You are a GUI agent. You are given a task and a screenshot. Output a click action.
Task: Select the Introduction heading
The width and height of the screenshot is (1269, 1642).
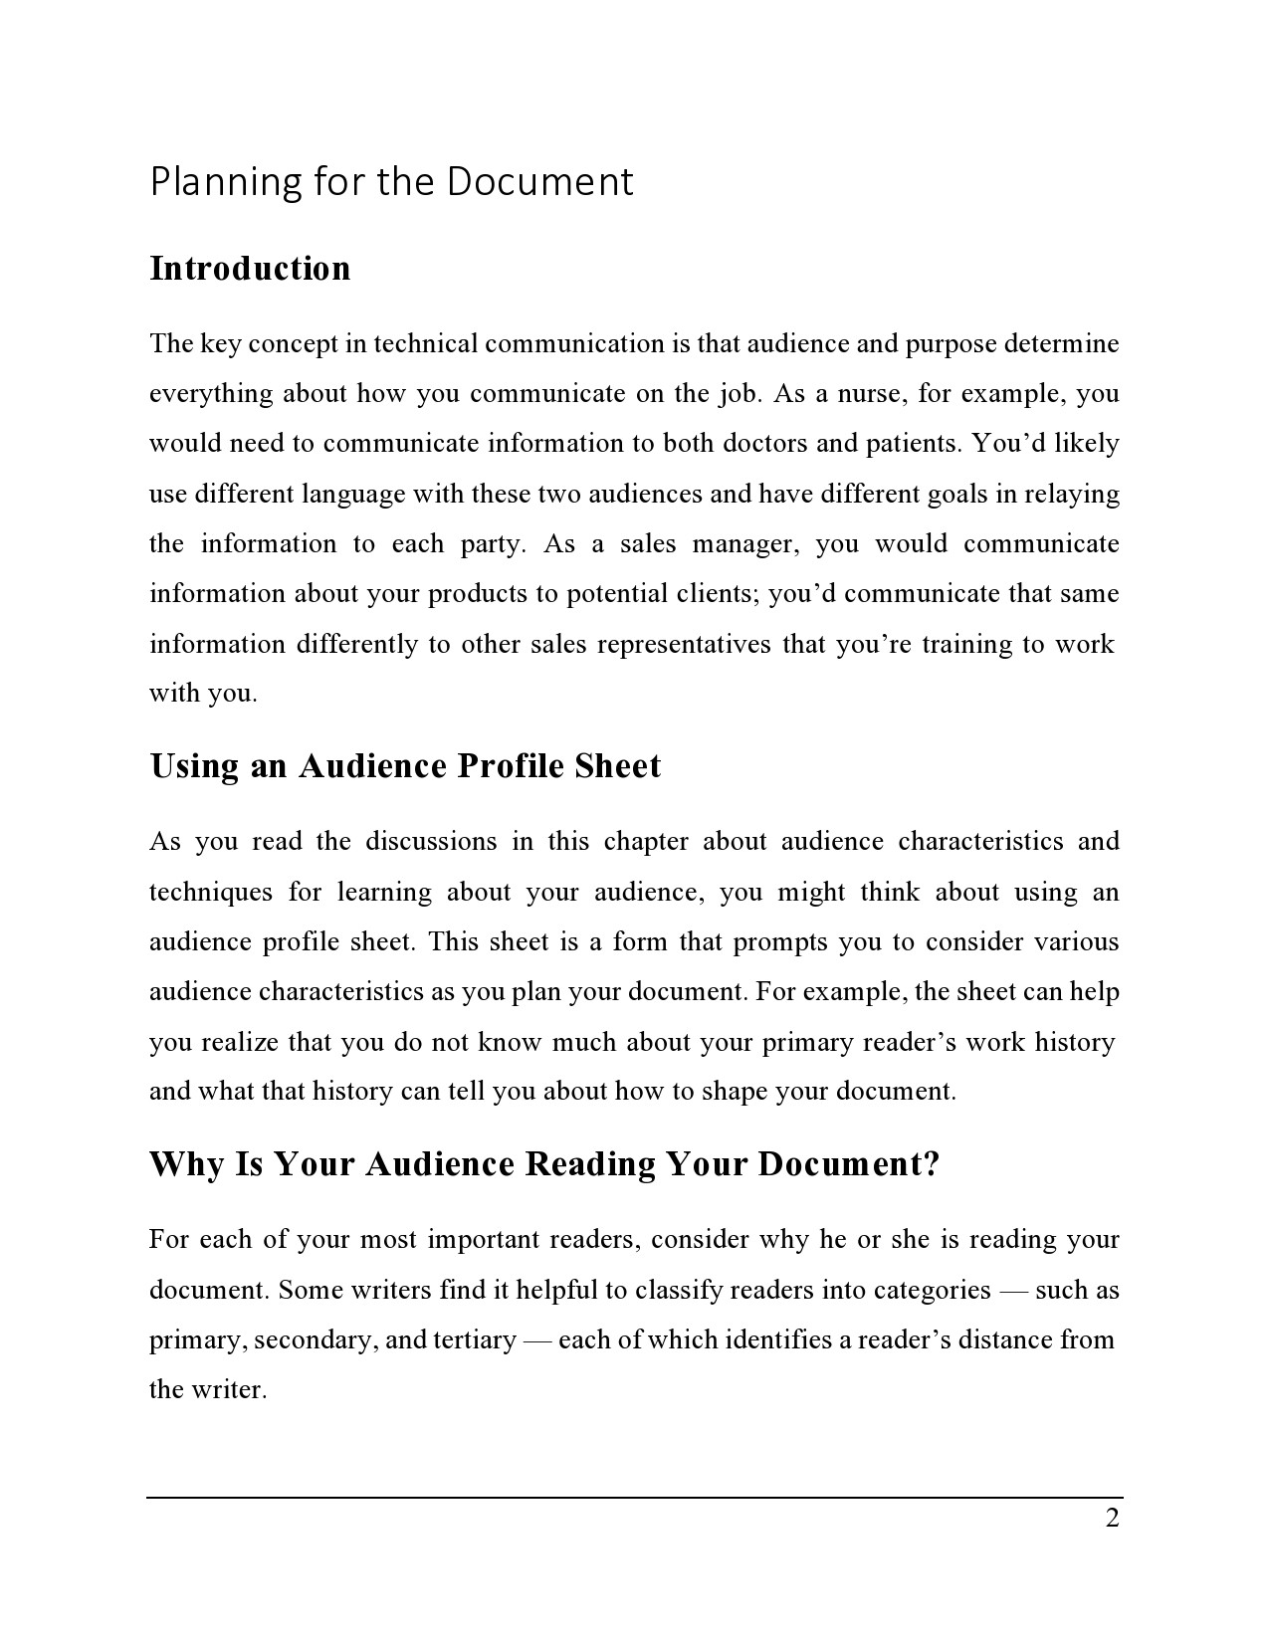250,269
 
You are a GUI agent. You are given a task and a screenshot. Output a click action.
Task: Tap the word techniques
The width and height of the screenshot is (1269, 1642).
211,892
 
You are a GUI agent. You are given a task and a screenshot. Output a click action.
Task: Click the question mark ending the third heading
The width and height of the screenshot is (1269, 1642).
932,1164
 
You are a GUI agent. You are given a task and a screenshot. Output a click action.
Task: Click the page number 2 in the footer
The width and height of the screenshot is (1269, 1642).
1112,1519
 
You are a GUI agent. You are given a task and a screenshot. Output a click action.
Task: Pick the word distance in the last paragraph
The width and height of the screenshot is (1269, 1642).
1006,1340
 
